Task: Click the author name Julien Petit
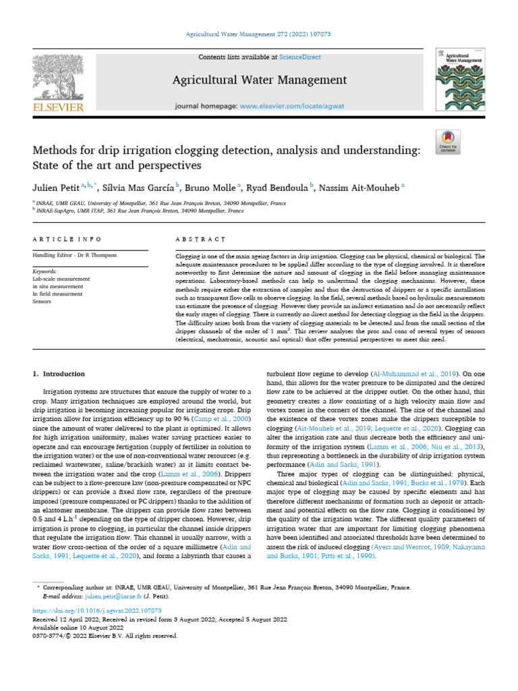tap(56, 186)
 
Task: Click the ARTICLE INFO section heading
tap(67, 240)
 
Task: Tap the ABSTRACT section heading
tap(200, 240)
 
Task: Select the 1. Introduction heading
tap(59, 373)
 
